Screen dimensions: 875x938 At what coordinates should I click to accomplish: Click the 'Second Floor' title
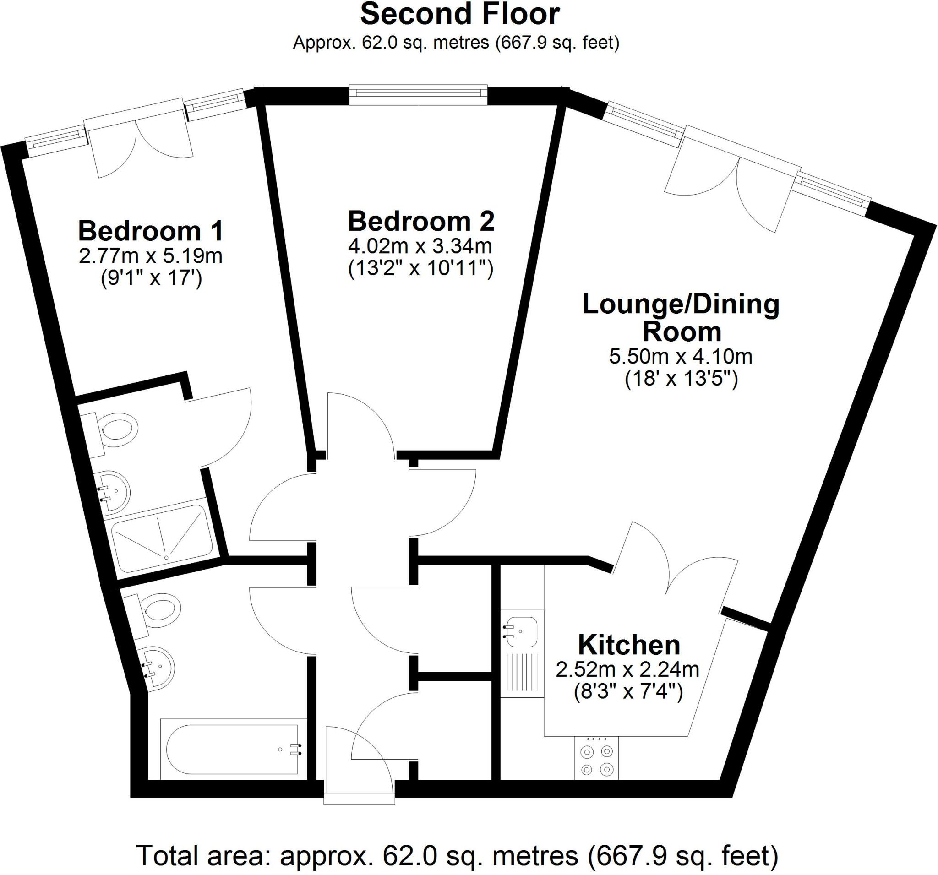(459, 14)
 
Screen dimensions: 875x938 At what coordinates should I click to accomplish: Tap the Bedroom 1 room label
(151, 231)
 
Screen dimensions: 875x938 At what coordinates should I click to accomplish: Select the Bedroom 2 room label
(421, 221)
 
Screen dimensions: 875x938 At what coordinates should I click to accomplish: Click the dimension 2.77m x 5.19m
(151, 256)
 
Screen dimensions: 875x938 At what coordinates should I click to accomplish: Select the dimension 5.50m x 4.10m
(681, 357)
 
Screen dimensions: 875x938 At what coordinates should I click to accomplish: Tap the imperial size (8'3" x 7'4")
(628, 692)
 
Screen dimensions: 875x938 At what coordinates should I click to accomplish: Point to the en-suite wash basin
(114, 490)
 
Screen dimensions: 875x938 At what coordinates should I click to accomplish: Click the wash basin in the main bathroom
(158, 667)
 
